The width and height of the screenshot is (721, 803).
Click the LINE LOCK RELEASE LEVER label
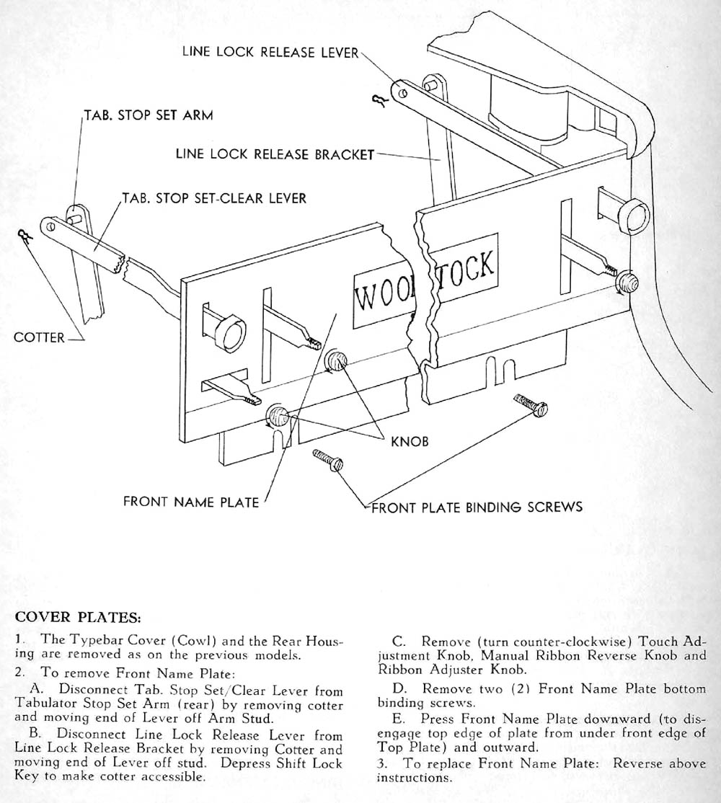pos(270,53)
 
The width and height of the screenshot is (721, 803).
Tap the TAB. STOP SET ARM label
pos(149,115)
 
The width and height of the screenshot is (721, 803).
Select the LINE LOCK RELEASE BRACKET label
pos(275,154)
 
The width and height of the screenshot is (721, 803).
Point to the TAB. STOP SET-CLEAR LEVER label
pos(214,198)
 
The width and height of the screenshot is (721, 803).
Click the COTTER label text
pos(39,337)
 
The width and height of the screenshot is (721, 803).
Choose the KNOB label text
pos(410,441)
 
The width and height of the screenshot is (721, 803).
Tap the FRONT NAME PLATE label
pos(191,502)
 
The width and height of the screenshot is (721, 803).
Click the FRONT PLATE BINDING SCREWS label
pos(477,507)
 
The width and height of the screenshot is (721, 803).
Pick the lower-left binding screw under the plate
pos(328,461)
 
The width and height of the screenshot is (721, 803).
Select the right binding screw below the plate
pos(531,405)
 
